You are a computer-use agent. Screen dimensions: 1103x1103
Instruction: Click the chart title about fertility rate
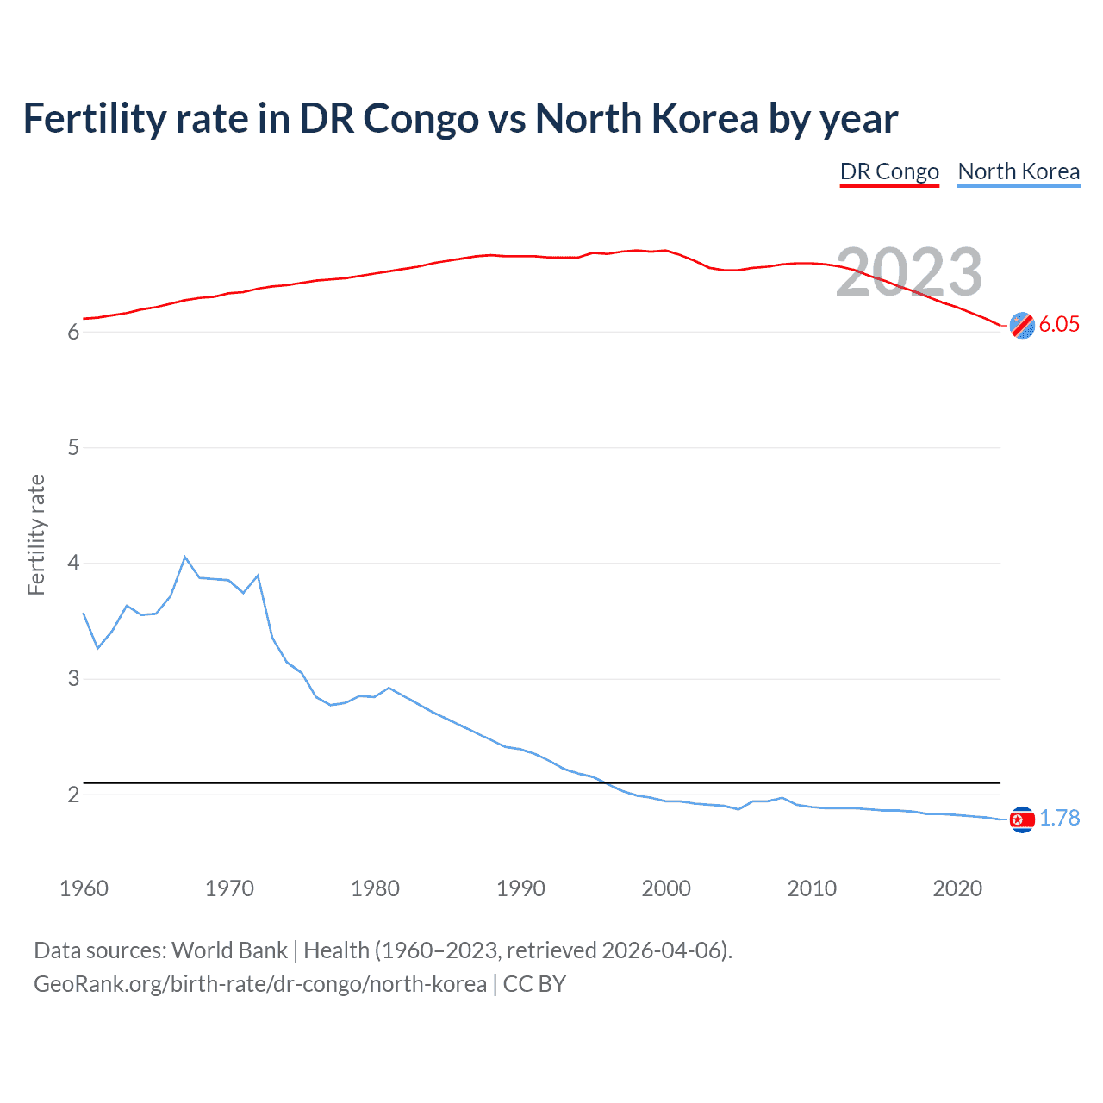(460, 119)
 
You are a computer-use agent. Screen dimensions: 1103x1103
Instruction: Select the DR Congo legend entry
(889, 171)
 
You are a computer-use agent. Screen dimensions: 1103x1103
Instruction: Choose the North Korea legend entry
(1019, 171)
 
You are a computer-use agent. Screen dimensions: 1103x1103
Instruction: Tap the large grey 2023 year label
(909, 272)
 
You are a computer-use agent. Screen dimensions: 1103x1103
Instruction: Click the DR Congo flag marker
(1022, 325)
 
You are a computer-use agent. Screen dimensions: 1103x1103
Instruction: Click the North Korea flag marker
(1022, 819)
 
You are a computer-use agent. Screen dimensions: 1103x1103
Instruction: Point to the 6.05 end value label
(1059, 324)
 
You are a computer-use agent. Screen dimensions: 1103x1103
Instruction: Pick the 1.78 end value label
(1059, 818)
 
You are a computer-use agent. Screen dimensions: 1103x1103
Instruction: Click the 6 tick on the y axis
(73, 333)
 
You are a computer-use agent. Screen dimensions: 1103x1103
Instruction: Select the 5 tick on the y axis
(73, 447)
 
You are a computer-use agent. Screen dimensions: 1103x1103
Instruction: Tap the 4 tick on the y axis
(73, 563)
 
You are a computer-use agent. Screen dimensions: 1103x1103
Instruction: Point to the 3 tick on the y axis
(73, 678)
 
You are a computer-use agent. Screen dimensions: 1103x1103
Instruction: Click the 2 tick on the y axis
(73, 795)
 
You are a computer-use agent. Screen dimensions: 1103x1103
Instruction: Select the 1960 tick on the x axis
(84, 888)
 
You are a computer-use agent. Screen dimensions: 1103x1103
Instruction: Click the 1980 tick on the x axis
(375, 888)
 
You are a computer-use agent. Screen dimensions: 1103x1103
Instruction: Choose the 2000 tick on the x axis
(666, 888)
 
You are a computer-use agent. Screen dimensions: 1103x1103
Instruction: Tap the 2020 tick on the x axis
(957, 888)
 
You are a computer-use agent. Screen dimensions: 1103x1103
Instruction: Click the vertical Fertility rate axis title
(36, 534)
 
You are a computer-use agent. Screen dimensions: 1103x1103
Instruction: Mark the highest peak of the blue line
(185, 557)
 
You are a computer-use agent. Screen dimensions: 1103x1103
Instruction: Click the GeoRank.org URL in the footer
(260, 984)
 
